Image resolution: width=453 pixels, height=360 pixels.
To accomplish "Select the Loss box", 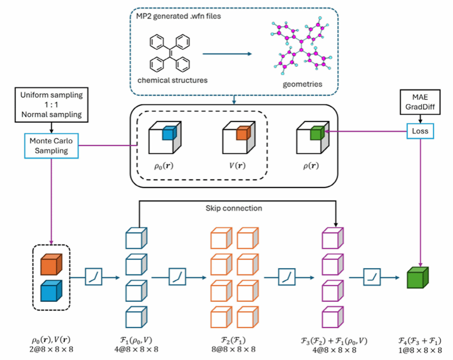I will point(420,131).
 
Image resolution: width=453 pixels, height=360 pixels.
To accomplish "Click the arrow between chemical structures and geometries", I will point(224,53).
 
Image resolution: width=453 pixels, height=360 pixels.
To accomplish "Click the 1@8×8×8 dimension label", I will point(418,348).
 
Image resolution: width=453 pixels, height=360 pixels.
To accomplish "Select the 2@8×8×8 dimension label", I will point(51,348).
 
